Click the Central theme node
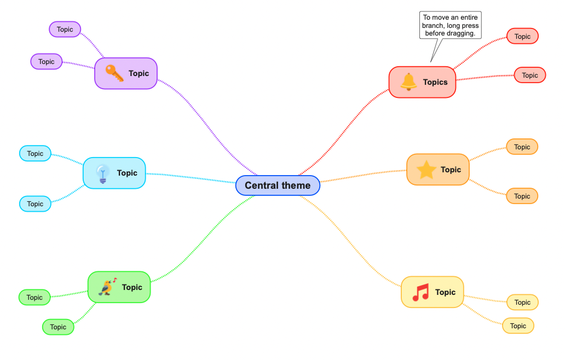point(278,185)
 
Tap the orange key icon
point(114,73)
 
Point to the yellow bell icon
point(408,82)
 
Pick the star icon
point(426,170)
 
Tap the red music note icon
point(420,292)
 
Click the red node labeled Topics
point(422,82)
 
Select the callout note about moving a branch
point(451,26)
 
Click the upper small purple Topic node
point(65,30)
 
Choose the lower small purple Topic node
point(47,62)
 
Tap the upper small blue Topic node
point(35,154)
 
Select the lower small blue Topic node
point(35,204)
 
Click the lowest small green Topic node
point(58,327)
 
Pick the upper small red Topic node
point(522,37)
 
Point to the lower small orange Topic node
point(522,196)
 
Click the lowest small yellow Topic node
point(518,326)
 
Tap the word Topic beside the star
point(451,170)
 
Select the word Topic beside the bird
point(132,287)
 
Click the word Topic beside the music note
point(445,292)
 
